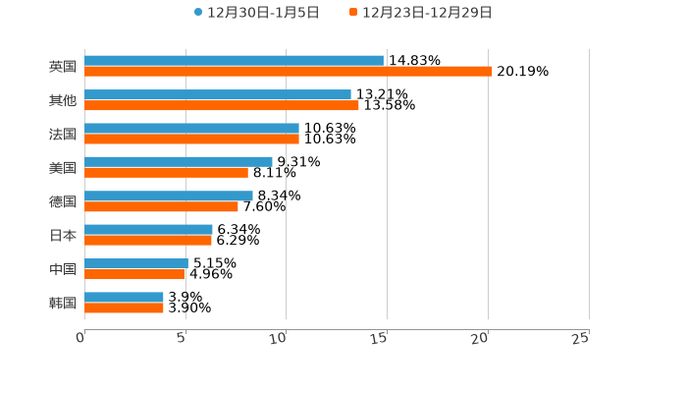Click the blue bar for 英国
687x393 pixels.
pos(234,61)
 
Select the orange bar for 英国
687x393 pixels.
pos(289,72)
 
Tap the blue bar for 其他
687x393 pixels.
pos(218,94)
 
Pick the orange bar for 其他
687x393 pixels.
pos(222,105)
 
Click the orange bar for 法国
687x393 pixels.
pos(191,139)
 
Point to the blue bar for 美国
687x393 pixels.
pos(179,162)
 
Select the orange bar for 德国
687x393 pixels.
pos(161,206)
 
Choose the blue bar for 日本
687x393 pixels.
pos(148,230)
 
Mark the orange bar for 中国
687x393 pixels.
pos(134,274)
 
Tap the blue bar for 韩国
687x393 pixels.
pos(124,297)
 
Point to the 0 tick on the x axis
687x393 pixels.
pos(81,338)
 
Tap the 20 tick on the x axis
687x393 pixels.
pos(480,338)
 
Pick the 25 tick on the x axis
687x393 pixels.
pos(581,338)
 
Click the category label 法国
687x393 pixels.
pos(63,134)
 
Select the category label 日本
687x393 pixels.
pos(63,235)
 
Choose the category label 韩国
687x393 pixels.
pos(63,303)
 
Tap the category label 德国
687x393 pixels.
pos(63,201)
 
